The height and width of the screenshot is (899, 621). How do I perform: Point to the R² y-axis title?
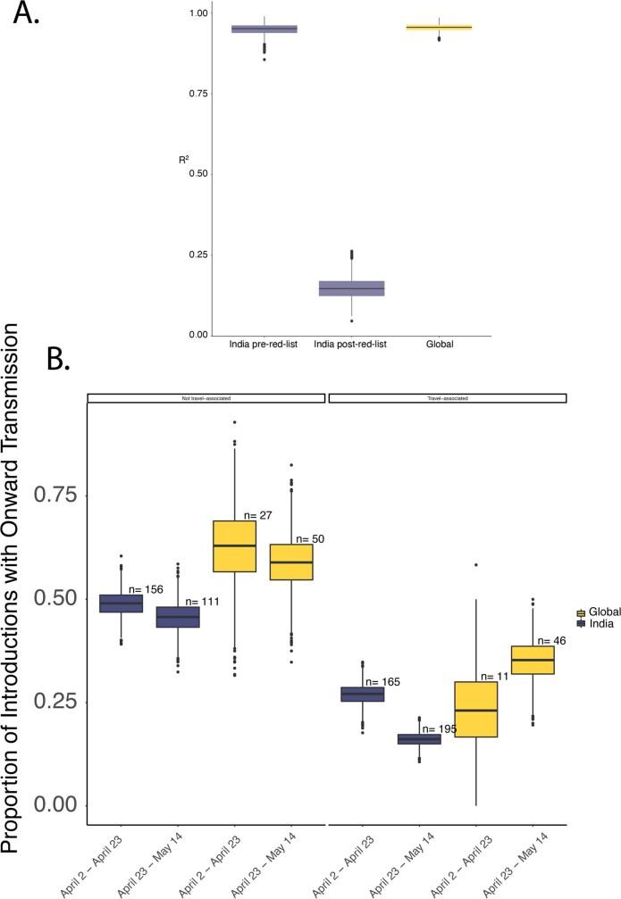tap(185, 160)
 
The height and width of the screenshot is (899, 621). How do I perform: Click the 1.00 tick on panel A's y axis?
tap(198, 13)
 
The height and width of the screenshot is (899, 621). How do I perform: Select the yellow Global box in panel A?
tap(439, 28)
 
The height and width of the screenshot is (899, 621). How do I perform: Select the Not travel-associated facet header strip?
tap(206, 398)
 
